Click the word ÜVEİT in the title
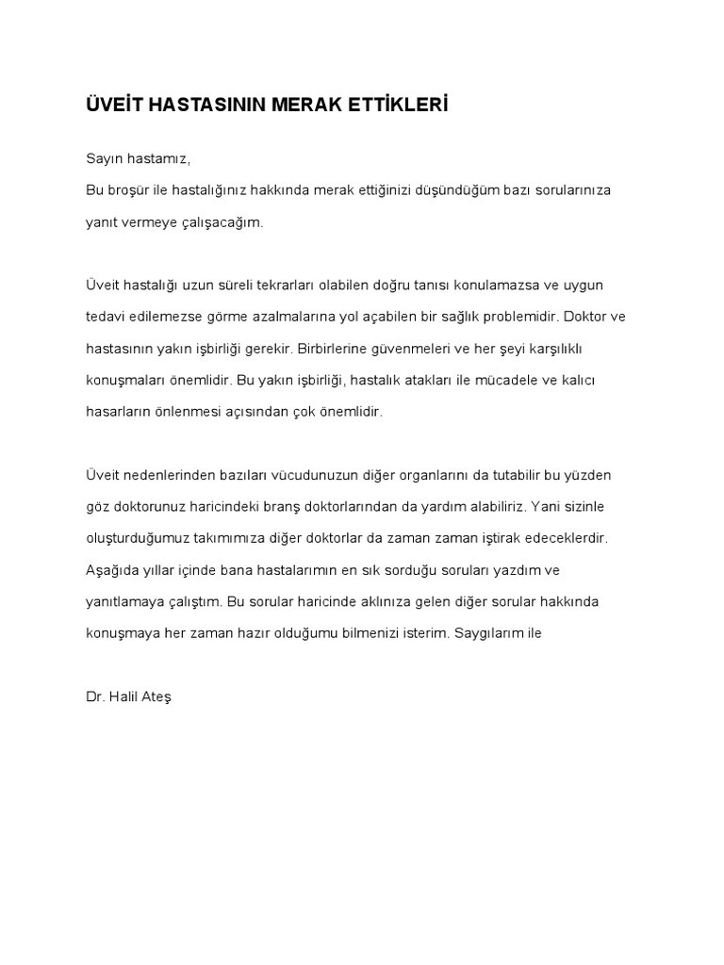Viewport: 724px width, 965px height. (x=111, y=104)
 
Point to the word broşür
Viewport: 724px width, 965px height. (x=125, y=189)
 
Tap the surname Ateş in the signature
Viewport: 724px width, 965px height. (x=156, y=696)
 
